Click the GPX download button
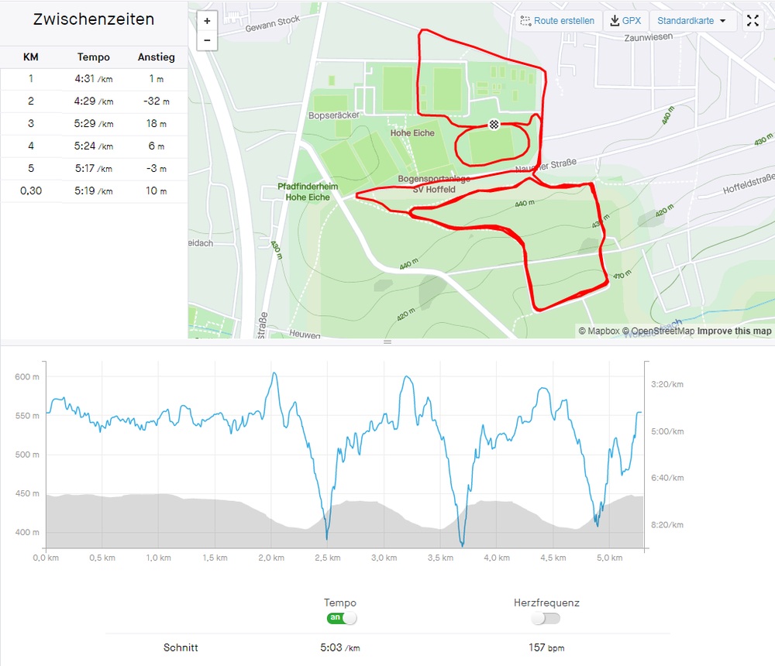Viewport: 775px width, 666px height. pyautogui.click(x=625, y=21)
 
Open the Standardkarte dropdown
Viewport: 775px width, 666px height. pyautogui.click(x=692, y=21)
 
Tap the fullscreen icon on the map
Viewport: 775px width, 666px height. pyautogui.click(x=753, y=21)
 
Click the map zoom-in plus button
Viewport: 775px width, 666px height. pyautogui.click(x=207, y=21)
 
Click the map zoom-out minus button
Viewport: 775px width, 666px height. pyautogui.click(x=207, y=40)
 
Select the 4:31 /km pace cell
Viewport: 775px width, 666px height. pyautogui.click(x=94, y=79)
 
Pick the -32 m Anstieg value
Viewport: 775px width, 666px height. pyautogui.click(x=156, y=101)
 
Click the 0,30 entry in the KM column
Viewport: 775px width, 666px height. pyautogui.click(x=31, y=191)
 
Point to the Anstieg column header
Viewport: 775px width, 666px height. pyautogui.click(x=156, y=57)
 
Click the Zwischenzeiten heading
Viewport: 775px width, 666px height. pyautogui.click(x=94, y=20)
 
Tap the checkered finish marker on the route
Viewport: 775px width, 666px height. pyautogui.click(x=494, y=124)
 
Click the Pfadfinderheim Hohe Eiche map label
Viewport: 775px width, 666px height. pyautogui.click(x=308, y=192)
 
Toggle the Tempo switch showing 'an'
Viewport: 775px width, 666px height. pyautogui.click(x=341, y=618)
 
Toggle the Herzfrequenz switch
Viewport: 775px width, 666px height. pyautogui.click(x=546, y=618)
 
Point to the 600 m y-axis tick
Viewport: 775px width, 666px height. pyautogui.click(x=26, y=377)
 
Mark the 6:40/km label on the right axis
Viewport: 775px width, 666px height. pyautogui.click(x=667, y=479)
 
